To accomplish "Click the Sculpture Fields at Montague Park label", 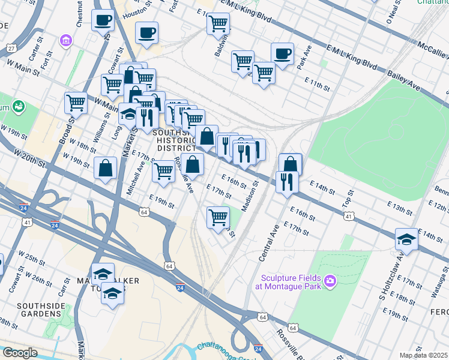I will point(291,281).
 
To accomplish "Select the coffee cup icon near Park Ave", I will point(282,54).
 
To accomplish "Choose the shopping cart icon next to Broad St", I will point(76,103).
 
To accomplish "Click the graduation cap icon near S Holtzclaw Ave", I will point(406,239).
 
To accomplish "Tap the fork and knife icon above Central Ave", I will point(287,181).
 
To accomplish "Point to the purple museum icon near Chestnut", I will point(65,40).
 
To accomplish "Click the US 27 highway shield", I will point(11,48).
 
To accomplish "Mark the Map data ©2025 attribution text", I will point(423,355).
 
